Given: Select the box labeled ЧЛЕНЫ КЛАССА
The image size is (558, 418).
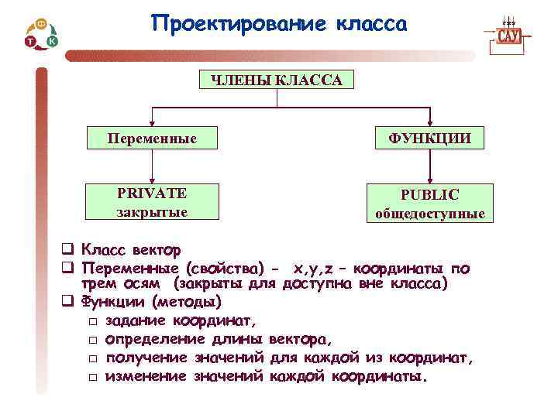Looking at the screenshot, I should [x=277, y=81].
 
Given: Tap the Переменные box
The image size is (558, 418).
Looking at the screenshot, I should [x=152, y=139].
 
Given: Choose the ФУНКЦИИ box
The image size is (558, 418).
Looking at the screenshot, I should [x=429, y=139].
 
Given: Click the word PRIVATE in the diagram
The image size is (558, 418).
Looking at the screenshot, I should [x=152, y=193].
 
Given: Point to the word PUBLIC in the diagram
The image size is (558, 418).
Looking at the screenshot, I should [x=429, y=195].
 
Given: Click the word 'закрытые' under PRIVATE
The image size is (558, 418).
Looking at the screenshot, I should [x=152, y=211].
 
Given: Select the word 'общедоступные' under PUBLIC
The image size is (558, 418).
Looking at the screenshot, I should [x=429, y=214].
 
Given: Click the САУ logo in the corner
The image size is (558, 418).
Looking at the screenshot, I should [x=508, y=36].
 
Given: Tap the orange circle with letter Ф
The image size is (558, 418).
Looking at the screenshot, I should [x=41, y=25].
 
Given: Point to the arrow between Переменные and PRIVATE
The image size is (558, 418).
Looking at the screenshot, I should [x=152, y=166].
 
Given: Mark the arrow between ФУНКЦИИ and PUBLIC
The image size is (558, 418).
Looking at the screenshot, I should [x=429, y=166].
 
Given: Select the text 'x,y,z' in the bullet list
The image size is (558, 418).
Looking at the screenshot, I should [x=314, y=268].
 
